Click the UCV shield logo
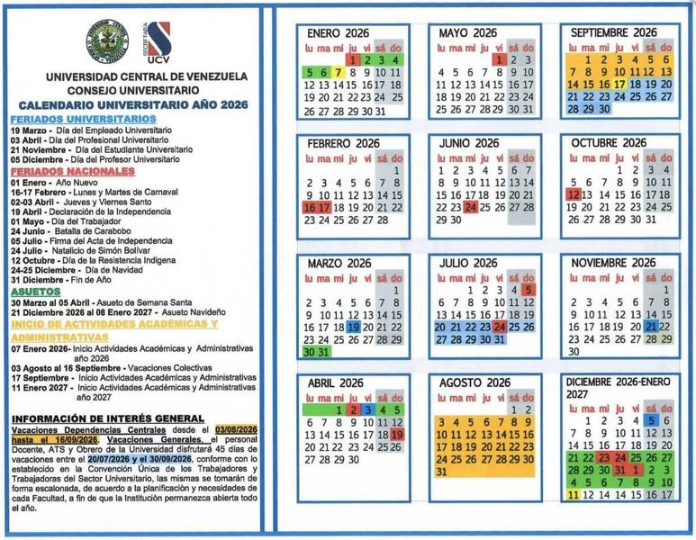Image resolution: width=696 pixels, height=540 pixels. (158, 42)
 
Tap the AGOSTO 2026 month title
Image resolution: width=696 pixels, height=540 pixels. (474, 382)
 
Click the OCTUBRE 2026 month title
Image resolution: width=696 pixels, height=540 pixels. (609, 143)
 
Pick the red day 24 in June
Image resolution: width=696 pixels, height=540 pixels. (470, 206)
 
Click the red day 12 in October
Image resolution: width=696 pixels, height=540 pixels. (574, 193)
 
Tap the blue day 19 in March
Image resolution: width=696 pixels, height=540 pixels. (353, 328)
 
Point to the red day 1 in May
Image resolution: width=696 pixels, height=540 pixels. (500, 59)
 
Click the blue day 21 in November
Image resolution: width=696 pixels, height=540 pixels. (649, 328)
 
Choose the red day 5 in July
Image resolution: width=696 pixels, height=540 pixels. (528, 290)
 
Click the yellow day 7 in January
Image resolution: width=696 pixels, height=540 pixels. (338, 72)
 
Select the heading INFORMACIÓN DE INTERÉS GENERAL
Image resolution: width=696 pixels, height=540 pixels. (107, 418)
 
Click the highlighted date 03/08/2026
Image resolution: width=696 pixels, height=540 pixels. (236, 430)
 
